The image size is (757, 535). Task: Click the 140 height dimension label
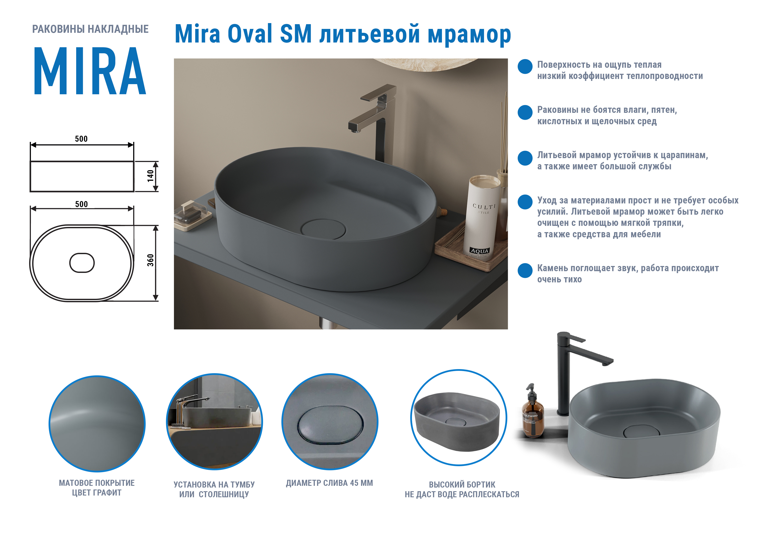150,176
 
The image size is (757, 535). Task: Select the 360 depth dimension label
150,260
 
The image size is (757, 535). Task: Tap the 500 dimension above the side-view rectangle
81,139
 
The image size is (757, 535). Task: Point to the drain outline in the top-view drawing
82,263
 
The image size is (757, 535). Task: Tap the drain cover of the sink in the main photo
323,229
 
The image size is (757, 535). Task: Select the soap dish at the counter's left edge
192,216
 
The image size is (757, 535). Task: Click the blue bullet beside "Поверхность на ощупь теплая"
525,67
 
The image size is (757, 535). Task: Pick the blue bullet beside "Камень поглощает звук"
525,270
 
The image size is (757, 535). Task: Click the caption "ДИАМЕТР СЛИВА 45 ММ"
329,483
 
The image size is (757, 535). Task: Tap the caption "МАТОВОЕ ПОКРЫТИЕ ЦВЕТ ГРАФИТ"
97,488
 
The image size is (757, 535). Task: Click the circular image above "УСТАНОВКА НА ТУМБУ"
214,422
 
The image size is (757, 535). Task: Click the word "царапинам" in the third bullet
684,155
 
